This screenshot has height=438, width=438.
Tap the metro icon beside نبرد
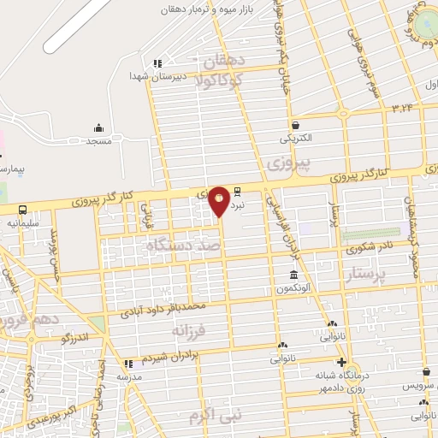point(237,192)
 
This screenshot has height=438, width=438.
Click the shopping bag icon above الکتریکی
point(294,124)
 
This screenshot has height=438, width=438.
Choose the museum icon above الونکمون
point(294,275)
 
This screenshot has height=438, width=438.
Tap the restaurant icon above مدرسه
point(129,364)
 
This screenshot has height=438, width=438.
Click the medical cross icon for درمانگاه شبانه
point(342,362)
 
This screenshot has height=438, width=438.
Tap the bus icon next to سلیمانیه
point(22,210)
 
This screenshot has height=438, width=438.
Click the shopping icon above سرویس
point(425,371)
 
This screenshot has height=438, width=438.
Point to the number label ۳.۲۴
point(402,108)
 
